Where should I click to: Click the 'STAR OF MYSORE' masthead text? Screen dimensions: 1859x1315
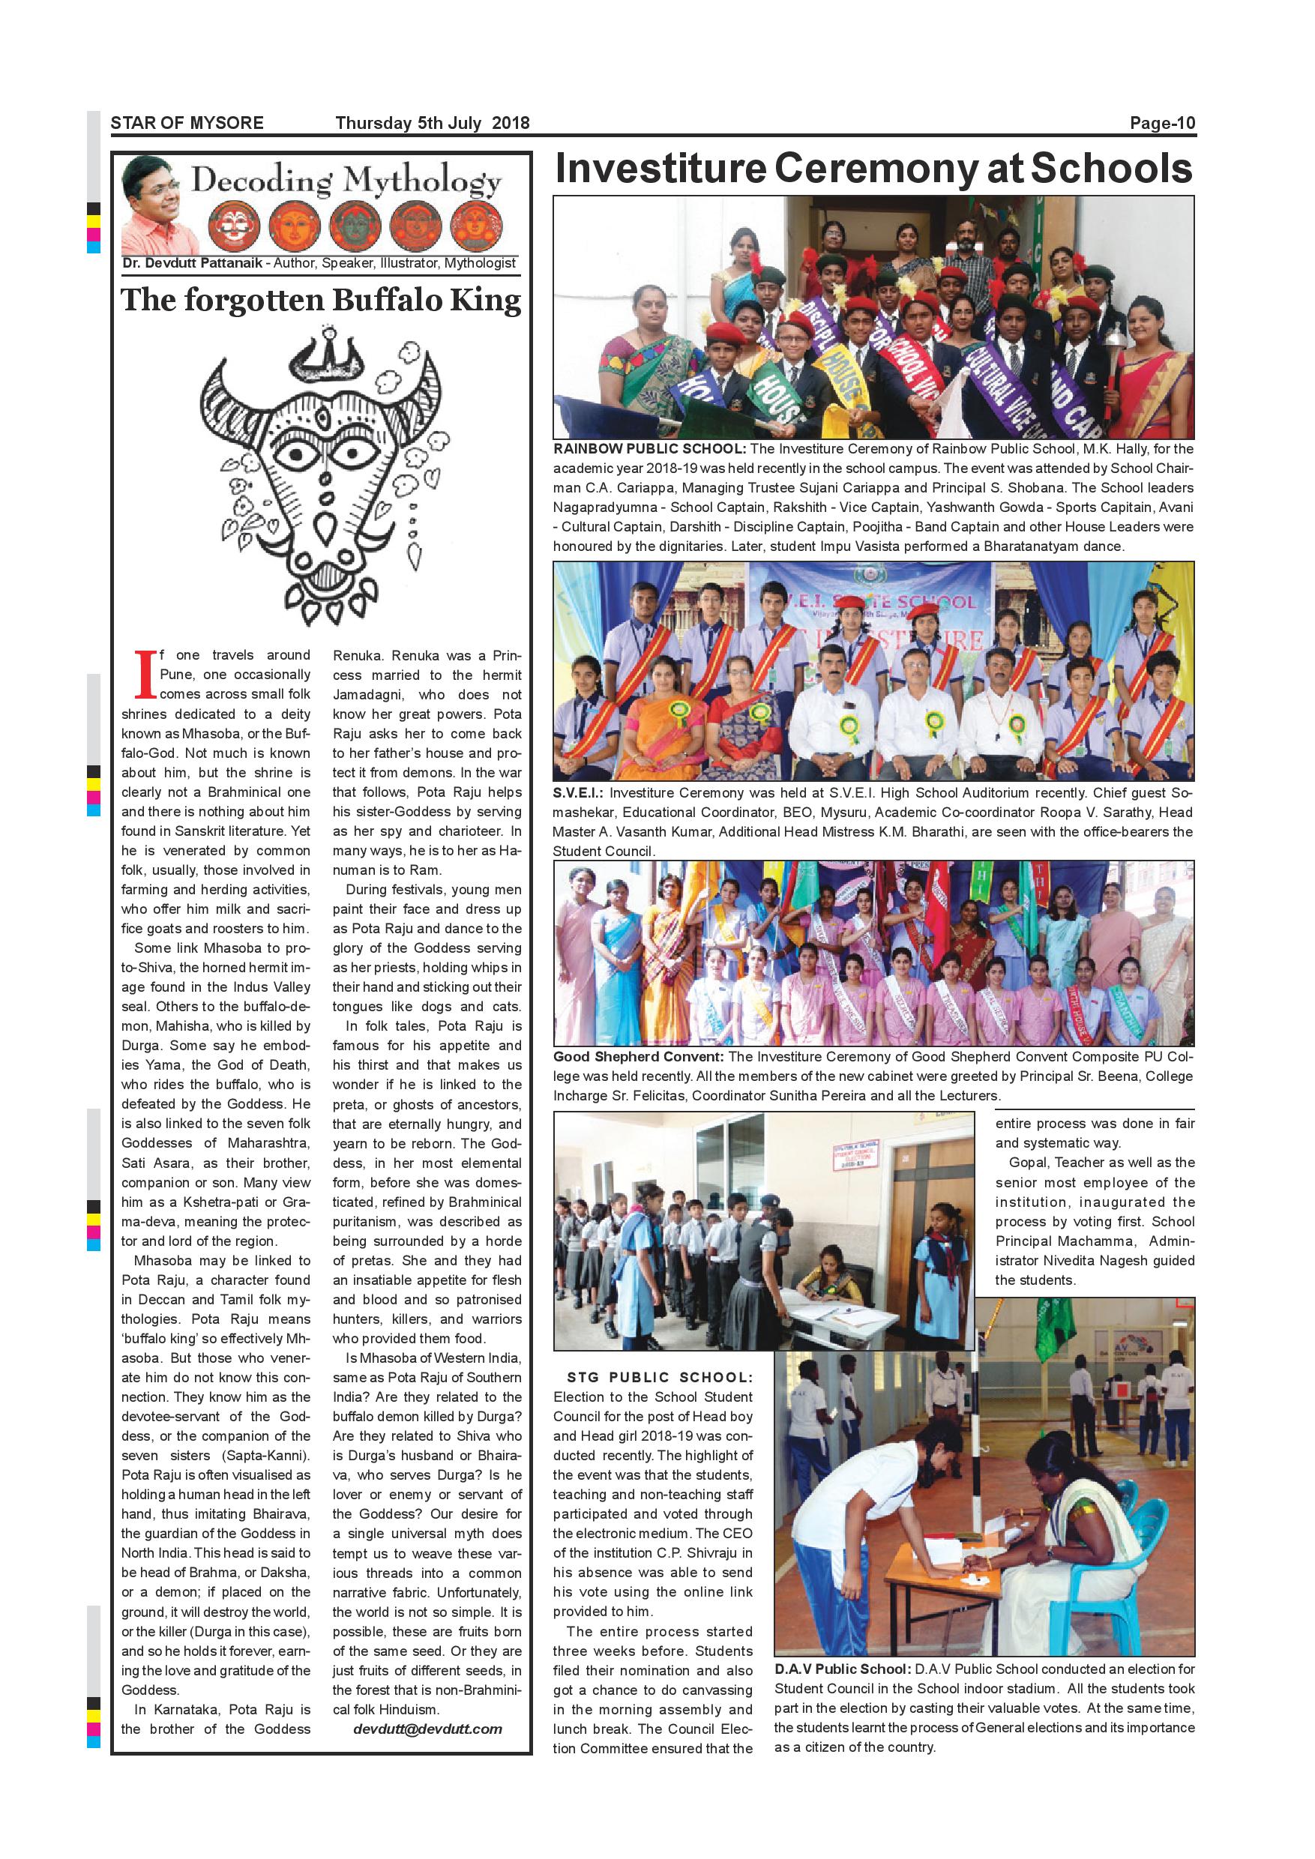point(187,123)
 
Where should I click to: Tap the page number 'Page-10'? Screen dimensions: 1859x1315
point(1162,123)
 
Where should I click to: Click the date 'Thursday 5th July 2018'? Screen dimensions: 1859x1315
point(433,123)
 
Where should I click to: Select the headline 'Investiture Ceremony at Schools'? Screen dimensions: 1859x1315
point(873,169)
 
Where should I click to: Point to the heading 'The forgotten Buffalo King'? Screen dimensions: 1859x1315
point(322,301)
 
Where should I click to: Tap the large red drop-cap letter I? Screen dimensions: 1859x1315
point(145,674)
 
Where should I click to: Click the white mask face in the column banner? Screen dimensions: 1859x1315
point(235,225)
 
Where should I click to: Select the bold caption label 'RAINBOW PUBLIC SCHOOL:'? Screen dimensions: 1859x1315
point(649,449)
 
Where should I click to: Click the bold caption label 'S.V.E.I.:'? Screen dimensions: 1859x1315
point(579,794)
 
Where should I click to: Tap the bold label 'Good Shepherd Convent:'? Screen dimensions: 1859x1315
point(639,1057)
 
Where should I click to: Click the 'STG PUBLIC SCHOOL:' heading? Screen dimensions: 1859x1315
point(660,1377)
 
